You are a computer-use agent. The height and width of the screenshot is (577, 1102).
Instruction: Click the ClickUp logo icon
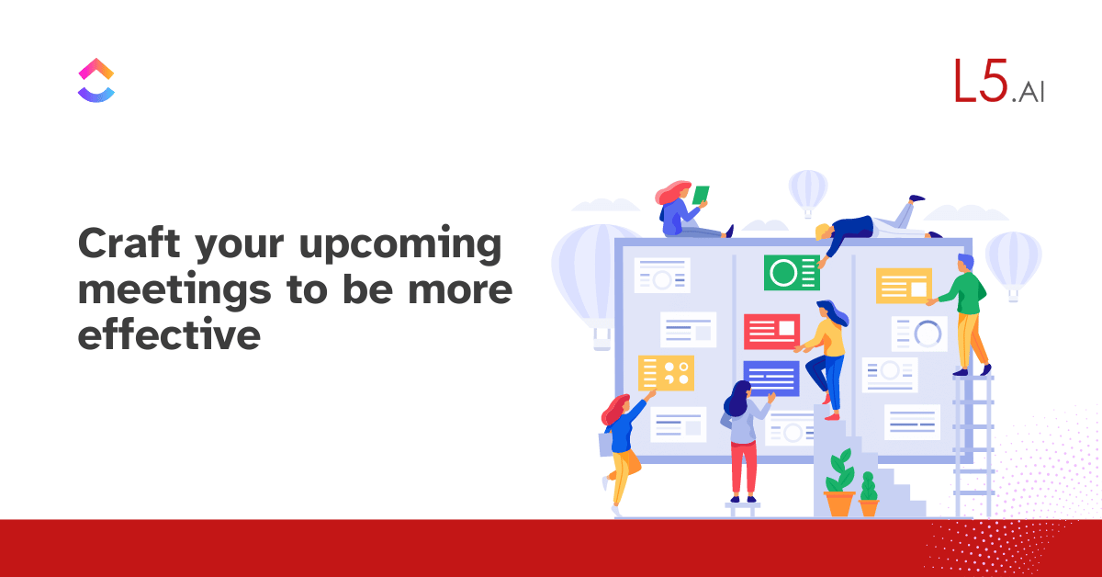click(x=96, y=80)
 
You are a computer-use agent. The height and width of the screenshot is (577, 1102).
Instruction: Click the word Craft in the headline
click(x=129, y=243)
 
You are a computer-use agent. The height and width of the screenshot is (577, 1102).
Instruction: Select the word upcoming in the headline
click(x=400, y=245)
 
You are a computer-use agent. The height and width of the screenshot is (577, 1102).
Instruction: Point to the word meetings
click(x=174, y=290)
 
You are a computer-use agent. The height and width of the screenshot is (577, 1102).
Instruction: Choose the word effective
click(x=169, y=334)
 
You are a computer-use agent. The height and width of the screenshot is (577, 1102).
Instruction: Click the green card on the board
click(x=792, y=272)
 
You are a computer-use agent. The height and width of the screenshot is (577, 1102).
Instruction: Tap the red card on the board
click(x=771, y=332)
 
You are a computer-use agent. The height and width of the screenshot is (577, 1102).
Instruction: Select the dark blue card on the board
click(x=770, y=379)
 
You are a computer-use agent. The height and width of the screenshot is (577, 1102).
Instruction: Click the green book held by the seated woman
click(x=701, y=195)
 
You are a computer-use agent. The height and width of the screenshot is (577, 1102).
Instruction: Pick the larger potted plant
click(x=839, y=483)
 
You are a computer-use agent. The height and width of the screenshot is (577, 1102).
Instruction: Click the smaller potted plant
click(x=869, y=494)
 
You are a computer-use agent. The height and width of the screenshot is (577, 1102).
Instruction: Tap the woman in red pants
click(x=743, y=441)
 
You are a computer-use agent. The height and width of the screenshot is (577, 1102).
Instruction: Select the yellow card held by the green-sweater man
click(x=904, y=286)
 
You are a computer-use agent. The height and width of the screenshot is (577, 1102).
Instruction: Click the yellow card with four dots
click(x=666, y=373)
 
